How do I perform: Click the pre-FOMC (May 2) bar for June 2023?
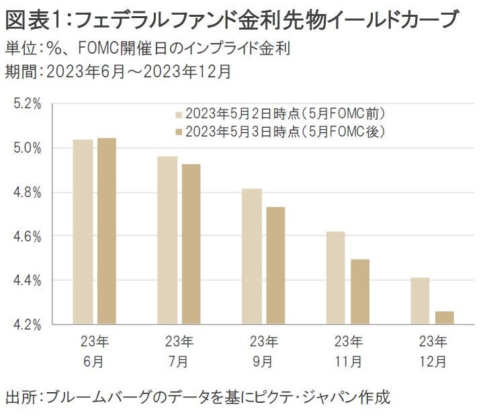[83, 231]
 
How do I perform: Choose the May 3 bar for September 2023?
[275, 266]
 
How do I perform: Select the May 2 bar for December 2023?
[421, 301]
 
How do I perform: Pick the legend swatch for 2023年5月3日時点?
[179, 131]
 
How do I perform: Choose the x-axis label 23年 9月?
[263, 351]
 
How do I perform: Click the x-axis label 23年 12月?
[432, 351]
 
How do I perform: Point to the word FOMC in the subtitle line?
[105, 49]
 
